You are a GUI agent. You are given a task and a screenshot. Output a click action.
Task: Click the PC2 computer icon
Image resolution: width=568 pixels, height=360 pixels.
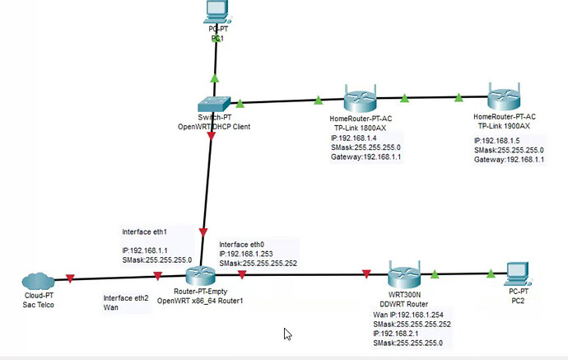pyautogui.click(x=515, y=275)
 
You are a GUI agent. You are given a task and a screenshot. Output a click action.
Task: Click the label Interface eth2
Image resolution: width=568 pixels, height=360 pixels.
pyautogui.click(x=126, y=297)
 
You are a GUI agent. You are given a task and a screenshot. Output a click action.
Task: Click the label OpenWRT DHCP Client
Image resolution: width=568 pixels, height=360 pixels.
pyautogui.click(x=214, y=127)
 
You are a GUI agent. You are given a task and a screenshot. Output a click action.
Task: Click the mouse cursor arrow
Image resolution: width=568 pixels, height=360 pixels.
pyautogui.click(x=287, y=334)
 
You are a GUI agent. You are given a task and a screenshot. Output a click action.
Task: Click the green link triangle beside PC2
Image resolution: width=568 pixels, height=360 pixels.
pyautogui.click(x=491, y=274)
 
